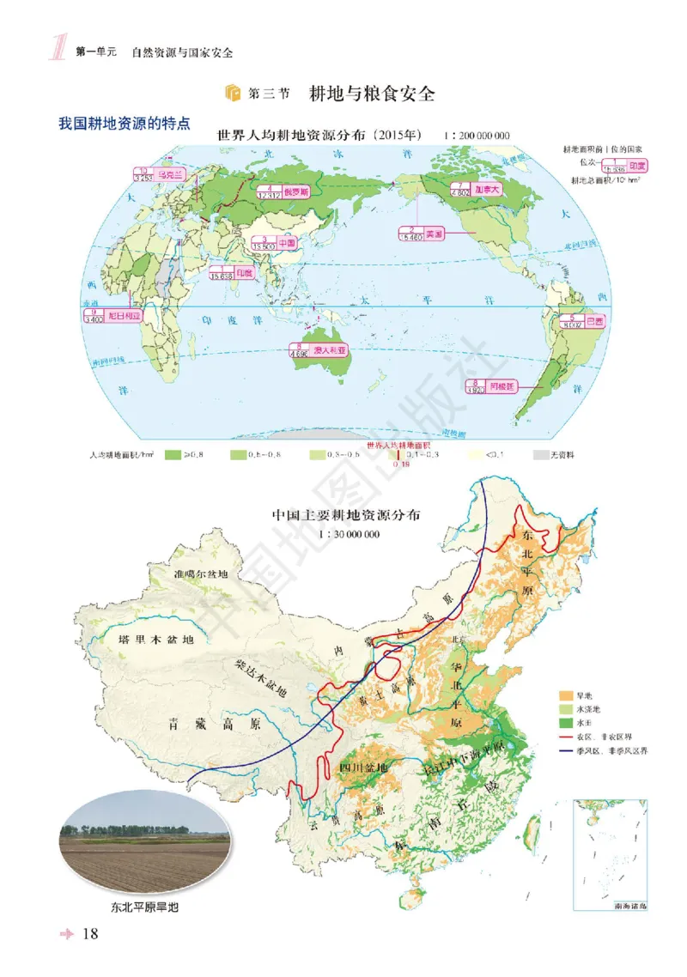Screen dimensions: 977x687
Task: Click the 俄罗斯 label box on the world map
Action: tap(287, 191)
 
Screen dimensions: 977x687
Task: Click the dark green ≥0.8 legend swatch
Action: tap(173, 454)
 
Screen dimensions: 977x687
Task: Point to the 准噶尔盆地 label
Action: tap(201, 574)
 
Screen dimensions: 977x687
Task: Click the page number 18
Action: tap(91, 934)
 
